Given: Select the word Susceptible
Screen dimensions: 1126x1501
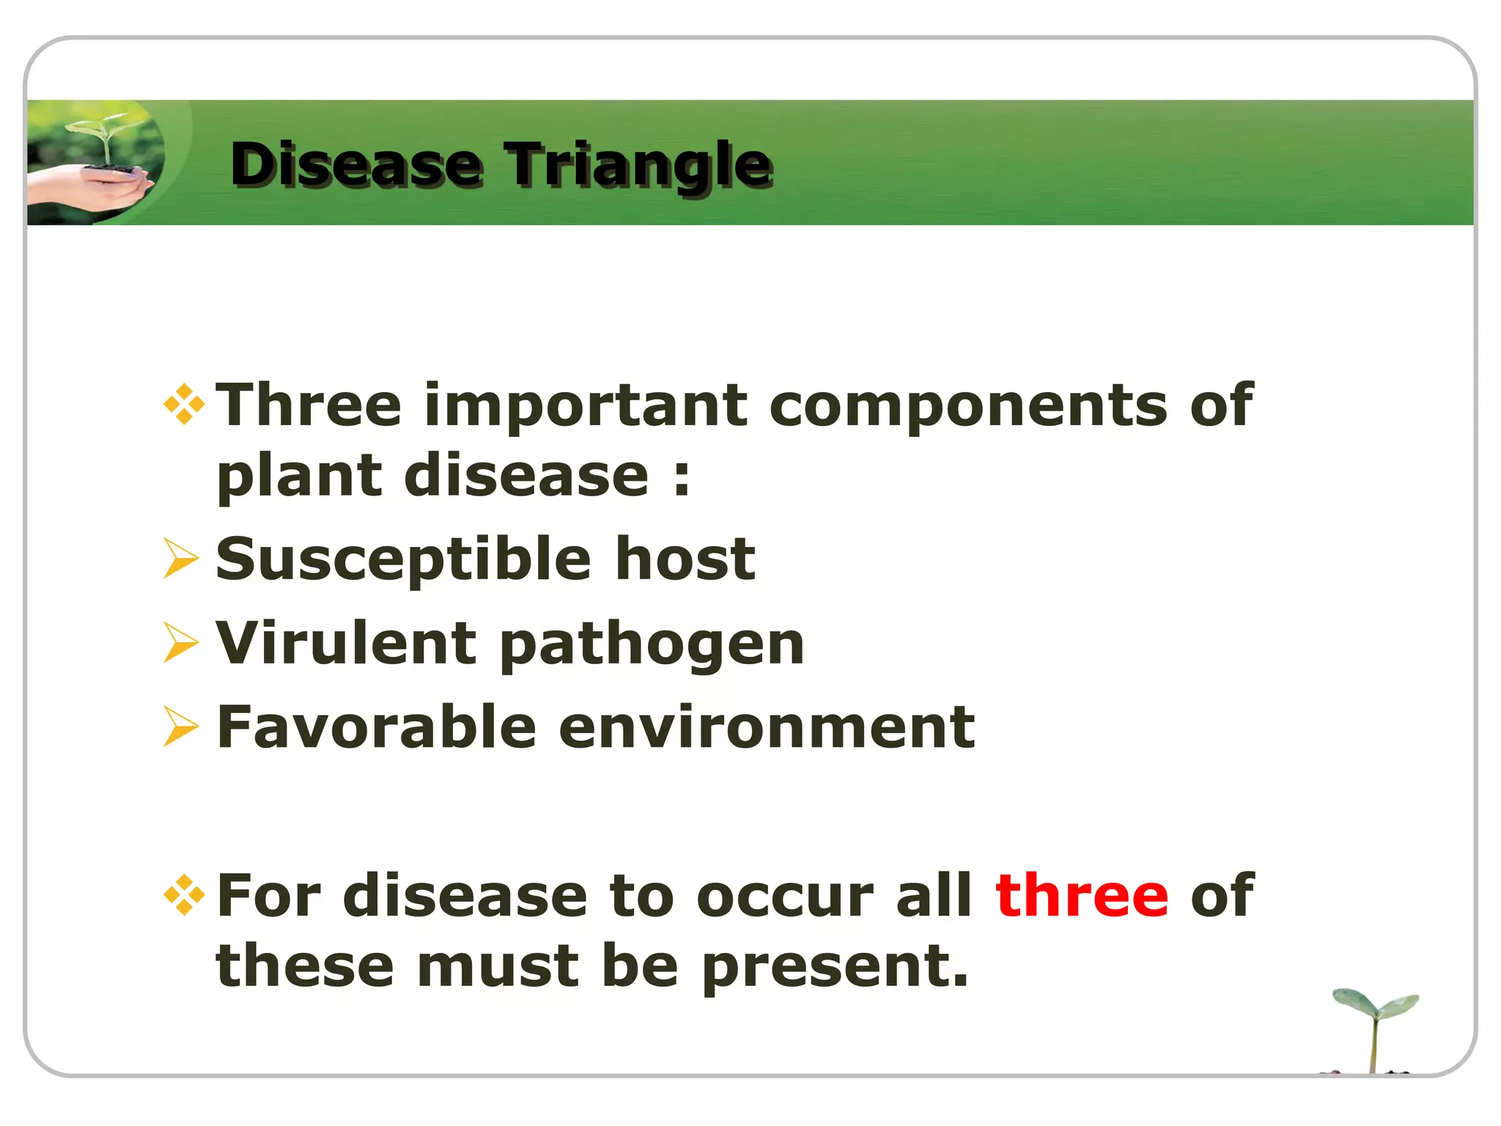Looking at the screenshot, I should point(404,559).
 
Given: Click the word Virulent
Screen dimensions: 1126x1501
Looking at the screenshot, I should point(346,643).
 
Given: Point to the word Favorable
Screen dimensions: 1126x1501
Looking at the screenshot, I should point(377,726).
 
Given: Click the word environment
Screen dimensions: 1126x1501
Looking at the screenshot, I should point(767,726).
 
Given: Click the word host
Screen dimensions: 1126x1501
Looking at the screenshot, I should point(685,559).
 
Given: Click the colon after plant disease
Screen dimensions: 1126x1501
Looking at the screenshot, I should point(682,477).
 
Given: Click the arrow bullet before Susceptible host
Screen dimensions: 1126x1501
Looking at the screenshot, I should point(180,559).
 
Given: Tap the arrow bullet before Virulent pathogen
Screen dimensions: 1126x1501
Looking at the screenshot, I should point(180,643).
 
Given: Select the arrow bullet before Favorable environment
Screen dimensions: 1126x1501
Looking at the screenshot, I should point(180,726).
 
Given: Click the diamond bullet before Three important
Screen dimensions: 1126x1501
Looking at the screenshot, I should point(184,404).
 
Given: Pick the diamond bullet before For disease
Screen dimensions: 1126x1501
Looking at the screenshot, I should point(184,894).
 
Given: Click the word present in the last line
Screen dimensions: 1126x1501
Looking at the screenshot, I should point(835,967).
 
